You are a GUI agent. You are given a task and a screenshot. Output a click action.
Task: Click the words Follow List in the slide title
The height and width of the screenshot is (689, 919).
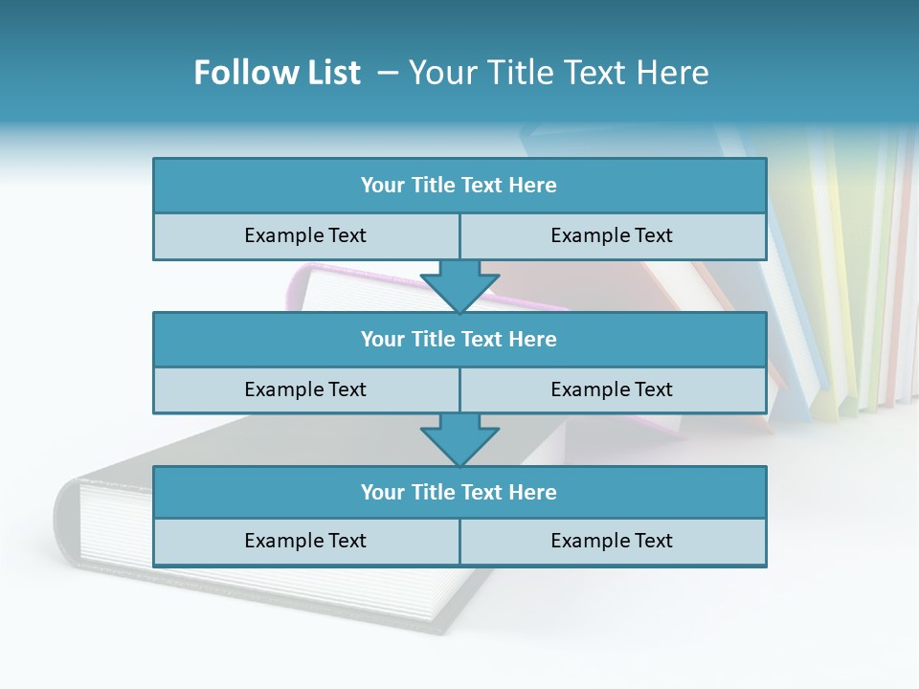277,73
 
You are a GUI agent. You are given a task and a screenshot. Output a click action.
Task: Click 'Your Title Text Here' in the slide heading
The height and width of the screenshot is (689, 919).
558,73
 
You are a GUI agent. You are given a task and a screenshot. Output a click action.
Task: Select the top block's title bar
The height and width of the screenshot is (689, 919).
459,186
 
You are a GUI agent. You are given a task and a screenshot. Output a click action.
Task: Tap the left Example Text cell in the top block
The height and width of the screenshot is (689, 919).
305,235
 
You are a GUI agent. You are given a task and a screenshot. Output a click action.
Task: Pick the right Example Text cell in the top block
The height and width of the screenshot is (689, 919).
612,235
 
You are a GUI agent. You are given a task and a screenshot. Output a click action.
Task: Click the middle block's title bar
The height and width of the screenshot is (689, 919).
459,339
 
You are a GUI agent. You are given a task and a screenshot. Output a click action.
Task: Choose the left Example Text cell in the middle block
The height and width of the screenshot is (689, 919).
305,389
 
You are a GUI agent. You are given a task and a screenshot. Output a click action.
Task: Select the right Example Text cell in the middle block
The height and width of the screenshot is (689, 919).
612,389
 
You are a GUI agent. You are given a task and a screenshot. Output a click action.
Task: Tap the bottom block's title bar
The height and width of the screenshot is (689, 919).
459,492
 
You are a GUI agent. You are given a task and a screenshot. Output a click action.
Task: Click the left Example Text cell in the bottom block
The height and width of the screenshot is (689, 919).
305,541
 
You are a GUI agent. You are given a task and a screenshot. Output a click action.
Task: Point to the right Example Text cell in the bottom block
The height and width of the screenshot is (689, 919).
612,541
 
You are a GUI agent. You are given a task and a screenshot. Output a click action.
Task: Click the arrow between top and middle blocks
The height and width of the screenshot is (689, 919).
459,285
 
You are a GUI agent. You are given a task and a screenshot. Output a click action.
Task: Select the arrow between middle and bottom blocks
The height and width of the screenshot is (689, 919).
459,438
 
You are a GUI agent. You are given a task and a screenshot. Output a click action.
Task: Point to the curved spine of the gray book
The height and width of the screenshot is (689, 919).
65,522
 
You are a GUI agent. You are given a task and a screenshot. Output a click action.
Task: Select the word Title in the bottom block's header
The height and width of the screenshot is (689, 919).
433,492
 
